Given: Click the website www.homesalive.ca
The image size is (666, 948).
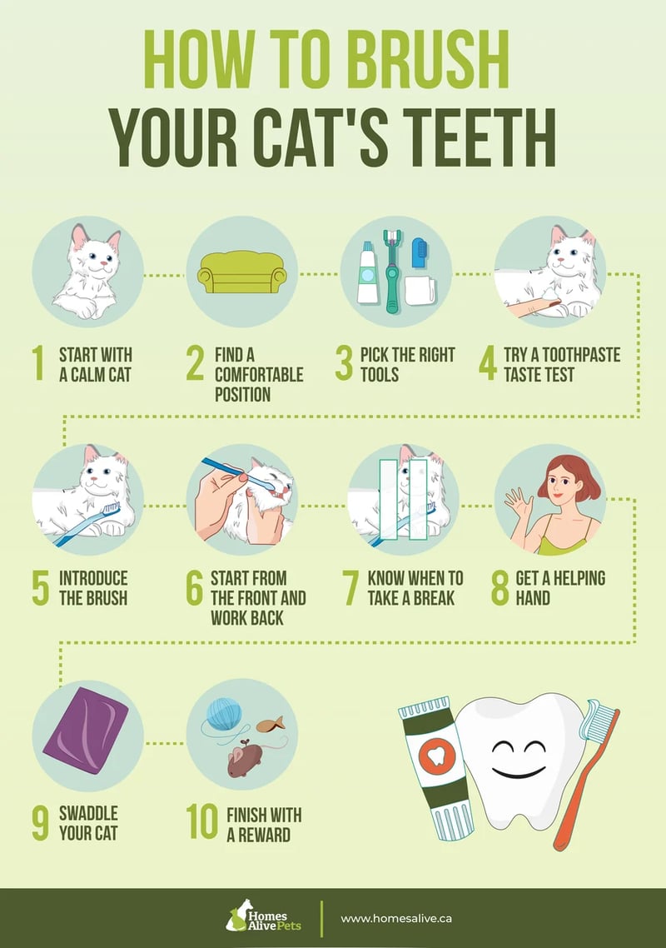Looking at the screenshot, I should coord(397,918).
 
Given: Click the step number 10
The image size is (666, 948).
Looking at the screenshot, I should coord(202,821).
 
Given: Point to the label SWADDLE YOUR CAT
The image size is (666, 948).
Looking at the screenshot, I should coord(88,821).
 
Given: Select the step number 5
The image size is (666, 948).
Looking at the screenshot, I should coord(41,587).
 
